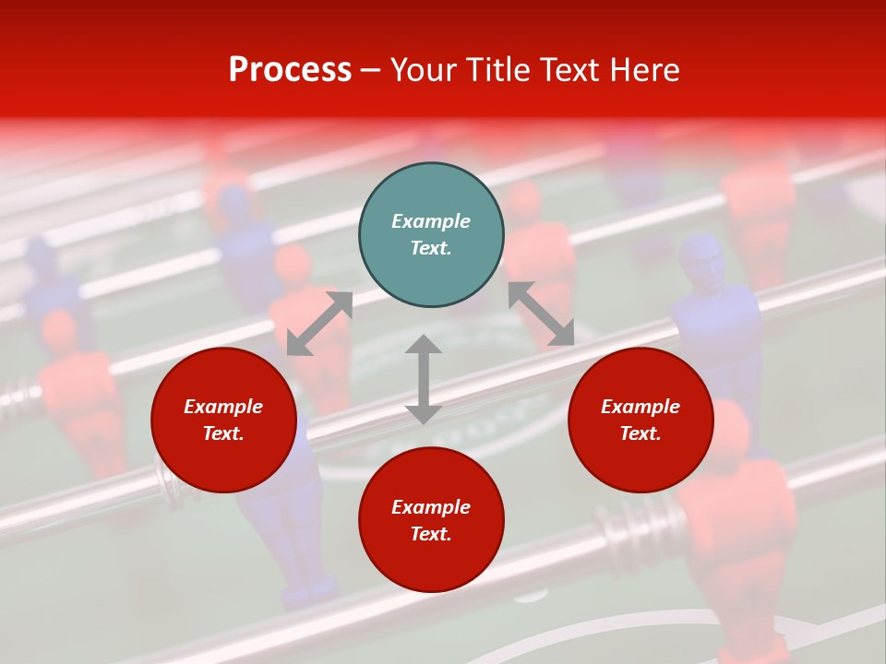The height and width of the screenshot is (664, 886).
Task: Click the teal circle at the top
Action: pyautogui.click(x=431, y=234)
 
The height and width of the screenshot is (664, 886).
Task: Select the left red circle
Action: pyautogui.click(x=223, y=420)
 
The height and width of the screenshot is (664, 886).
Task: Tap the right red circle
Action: pyautogui.click(x=641, y=420)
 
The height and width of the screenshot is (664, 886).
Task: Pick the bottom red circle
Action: pyautogui.click(x=431, y=519)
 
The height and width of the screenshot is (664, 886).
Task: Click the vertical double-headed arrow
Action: pyautogui.click(x=424, y=379)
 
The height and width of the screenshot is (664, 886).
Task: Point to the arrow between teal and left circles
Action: pyautogui.click(x=319, y=324)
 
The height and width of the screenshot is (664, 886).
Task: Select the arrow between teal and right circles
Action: pyautogui.click(x=541, y=314)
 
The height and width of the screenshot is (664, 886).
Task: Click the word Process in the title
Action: pyautogui.click(x=290, y=70)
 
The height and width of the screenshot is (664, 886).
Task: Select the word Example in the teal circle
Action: pyautogui.click(x=431, y=221)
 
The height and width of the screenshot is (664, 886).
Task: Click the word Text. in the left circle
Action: pyautogui.click(x=223, y=433)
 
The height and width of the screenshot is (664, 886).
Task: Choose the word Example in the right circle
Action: pyautogui.click(x=641, y=407)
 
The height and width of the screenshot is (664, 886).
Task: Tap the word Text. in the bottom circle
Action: pyautogui.click(x=431, y=534)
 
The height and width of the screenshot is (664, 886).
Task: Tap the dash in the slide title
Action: pyautogui.click(x=371, y=70)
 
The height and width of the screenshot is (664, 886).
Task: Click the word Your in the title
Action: pyautogui.click(x=425, y=70)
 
